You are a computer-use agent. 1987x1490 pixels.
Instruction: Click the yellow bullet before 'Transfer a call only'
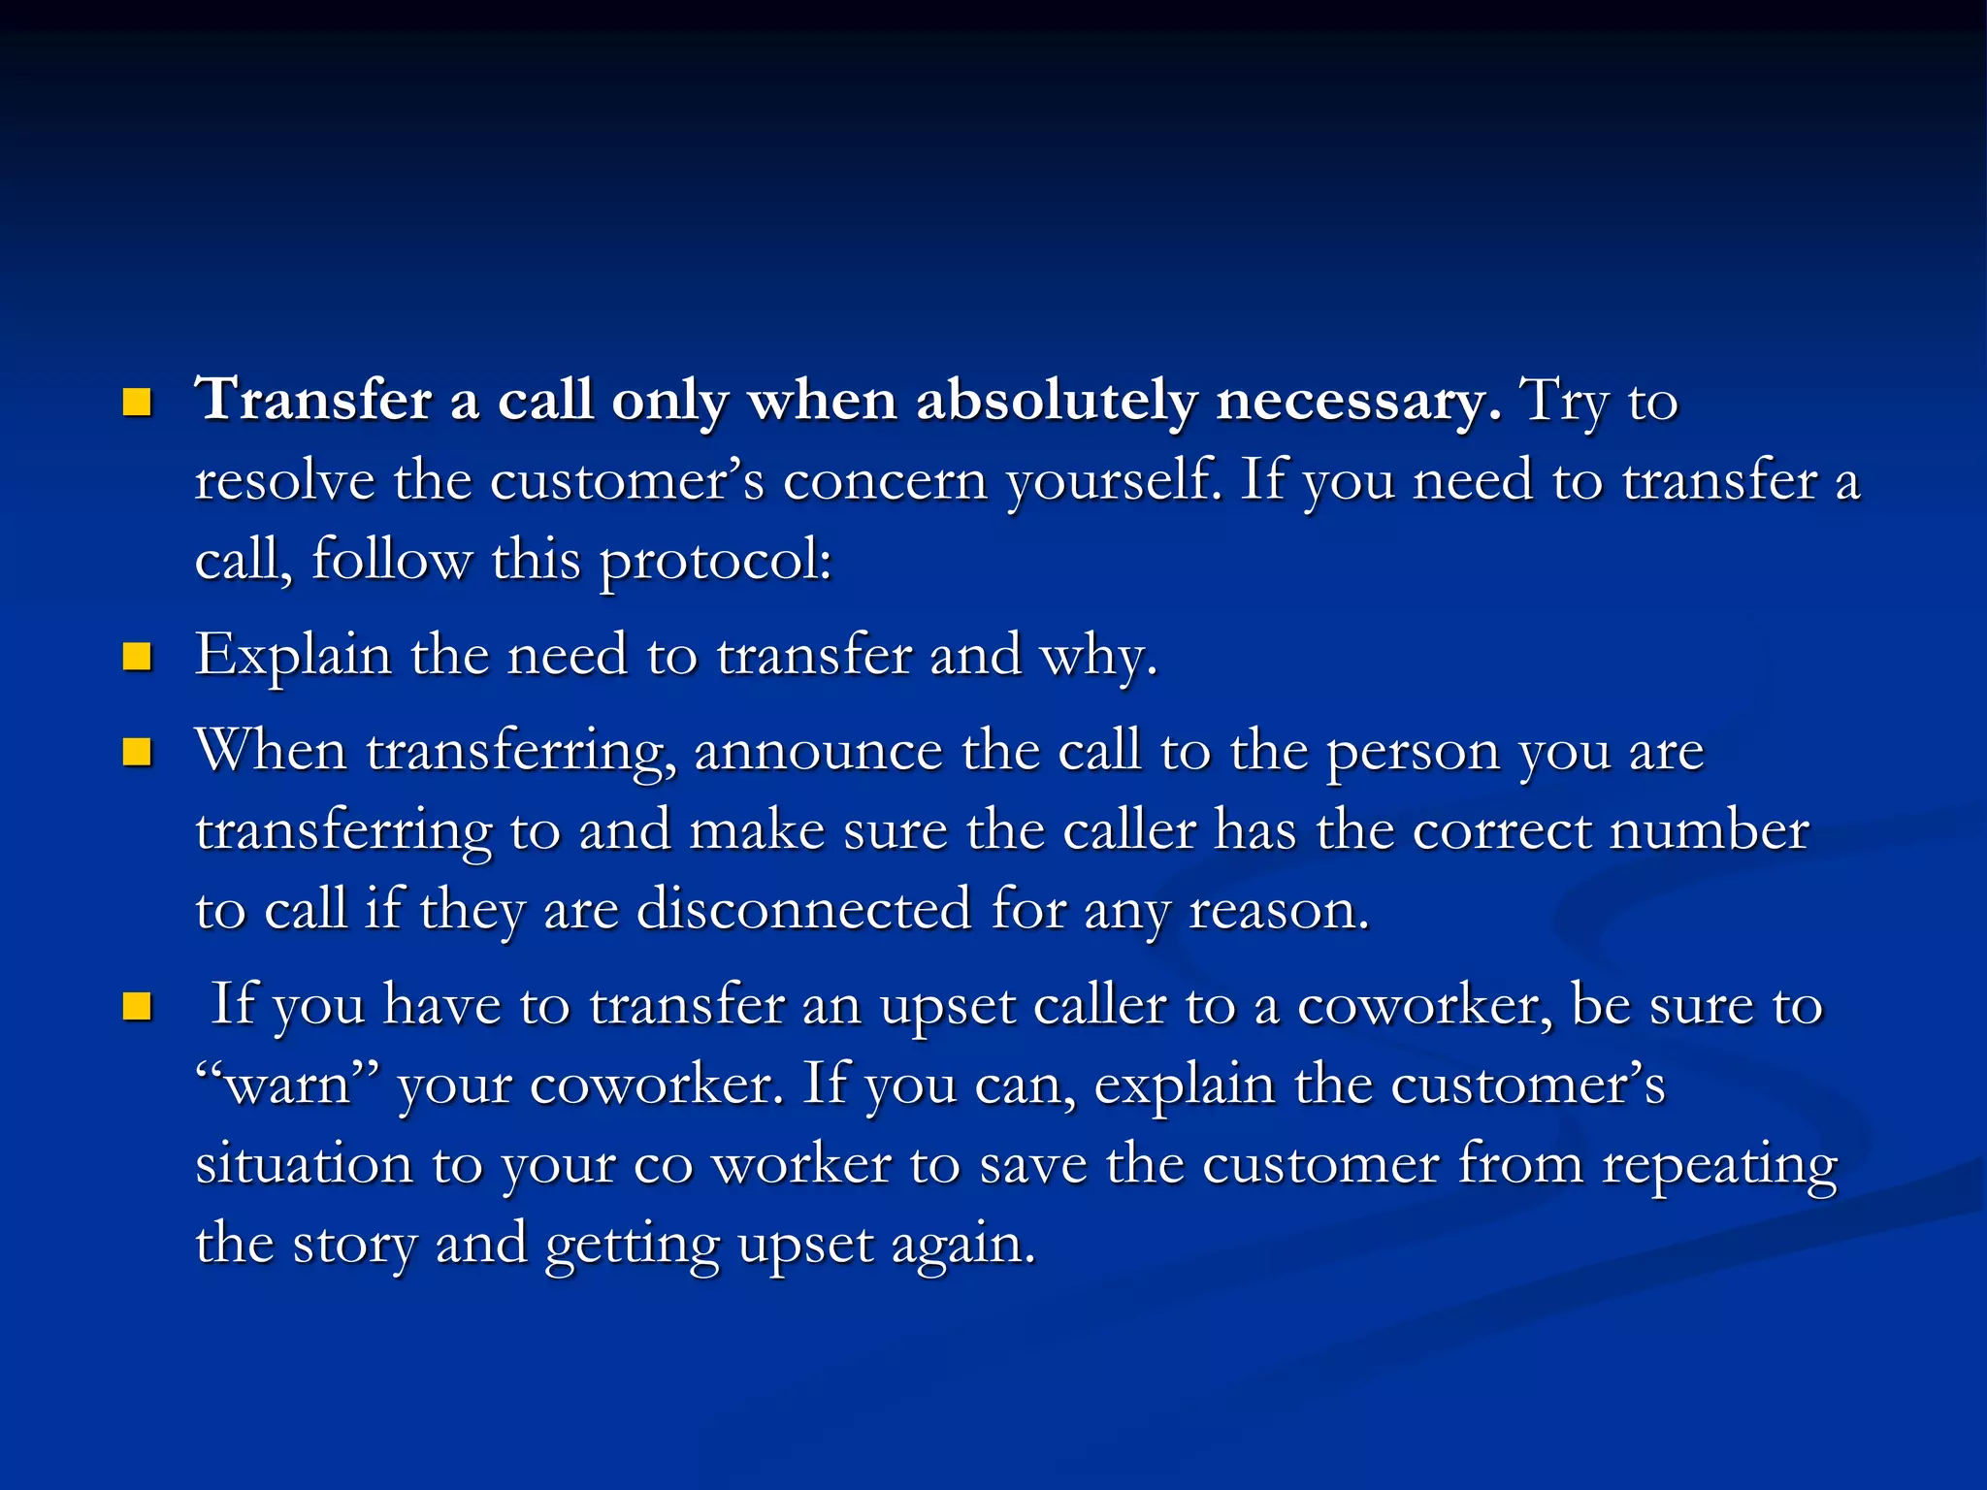pyautogui.click(x=138, y=403)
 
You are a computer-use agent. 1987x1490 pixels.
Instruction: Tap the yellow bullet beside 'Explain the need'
pyautogui.click(x=138, y=657)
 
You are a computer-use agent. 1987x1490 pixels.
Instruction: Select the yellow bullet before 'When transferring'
pyautogui.click(x=138, y=753)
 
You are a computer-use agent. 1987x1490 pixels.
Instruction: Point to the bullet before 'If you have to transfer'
pyautogui.click(x=138, y=1007)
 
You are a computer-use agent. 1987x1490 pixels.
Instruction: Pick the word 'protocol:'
pyautogui.click(x=716, y=562)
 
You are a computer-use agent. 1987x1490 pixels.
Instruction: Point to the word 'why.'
pyautogui.click(x=1098, y=657)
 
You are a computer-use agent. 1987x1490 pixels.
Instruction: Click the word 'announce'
pyautogui.click(x=818, y=752)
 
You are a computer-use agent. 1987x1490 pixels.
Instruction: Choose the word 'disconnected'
pyautogui.click(x=804, y=909)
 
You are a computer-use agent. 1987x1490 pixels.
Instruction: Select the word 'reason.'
pyautogui.click(x=1279, y=911)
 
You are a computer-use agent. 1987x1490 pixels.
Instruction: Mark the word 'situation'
pyautogui.click(x=304, y=1163)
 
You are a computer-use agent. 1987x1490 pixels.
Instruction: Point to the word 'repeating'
pyautogui.click(x=1719, y=1165)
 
